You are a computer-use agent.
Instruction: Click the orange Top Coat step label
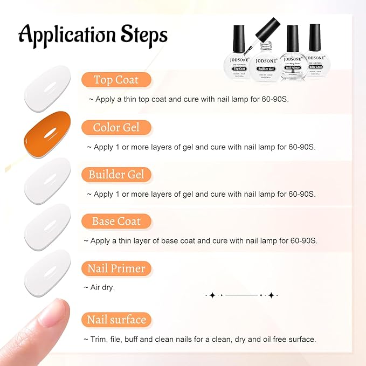point(116,80)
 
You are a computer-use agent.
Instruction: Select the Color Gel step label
point(116,127)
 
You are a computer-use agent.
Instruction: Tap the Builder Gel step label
point(116,175)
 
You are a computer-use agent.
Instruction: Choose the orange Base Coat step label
point(116,222)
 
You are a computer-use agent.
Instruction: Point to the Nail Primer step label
point(116,268)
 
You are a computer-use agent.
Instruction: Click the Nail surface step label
point(116,320)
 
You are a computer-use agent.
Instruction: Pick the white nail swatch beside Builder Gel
point(47,181)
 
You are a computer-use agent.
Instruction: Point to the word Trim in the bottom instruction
point(99,339)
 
